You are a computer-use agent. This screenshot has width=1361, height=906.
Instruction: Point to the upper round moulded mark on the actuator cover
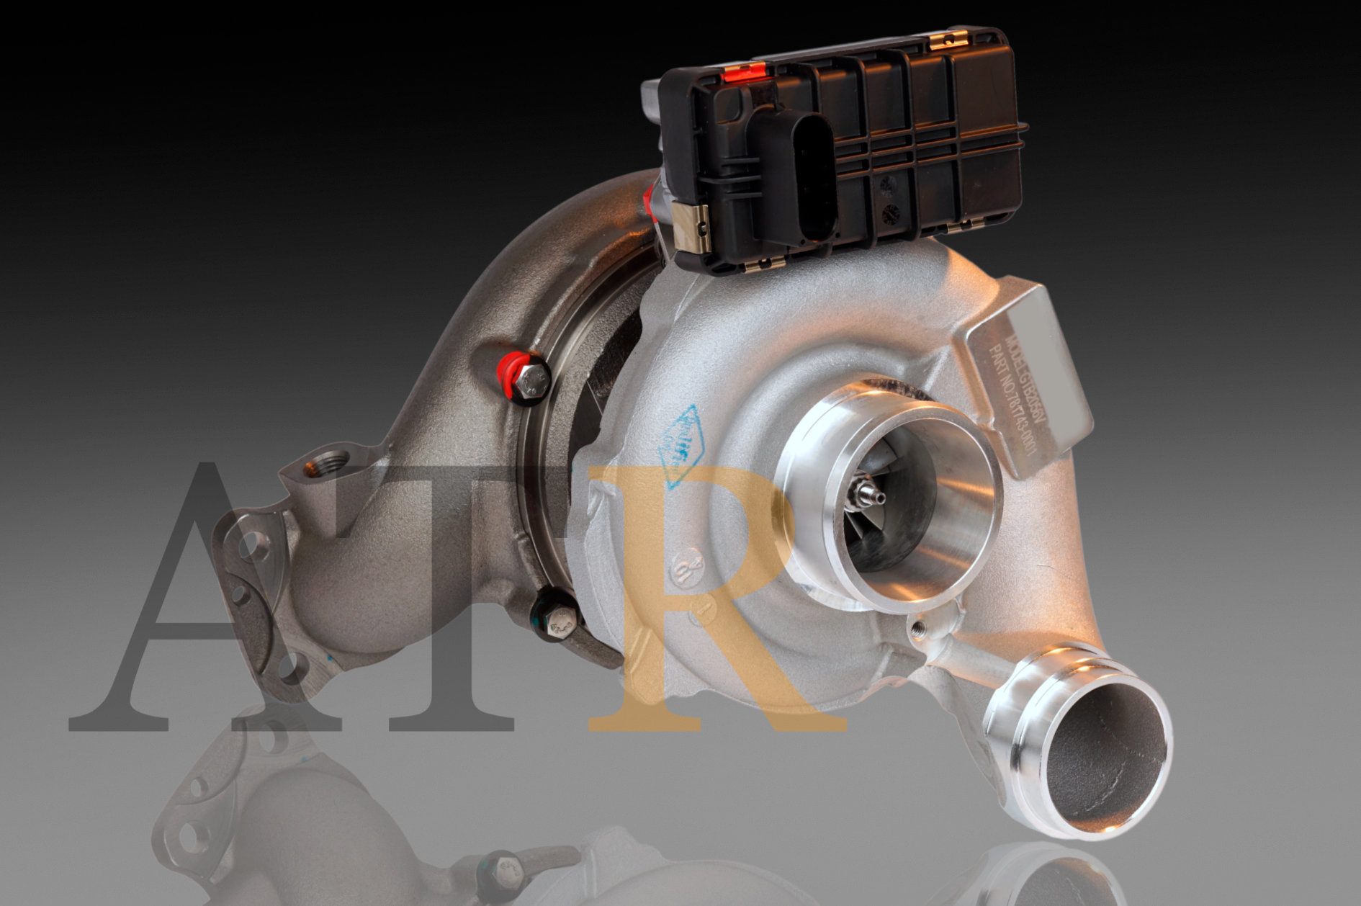tap(889, 184)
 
